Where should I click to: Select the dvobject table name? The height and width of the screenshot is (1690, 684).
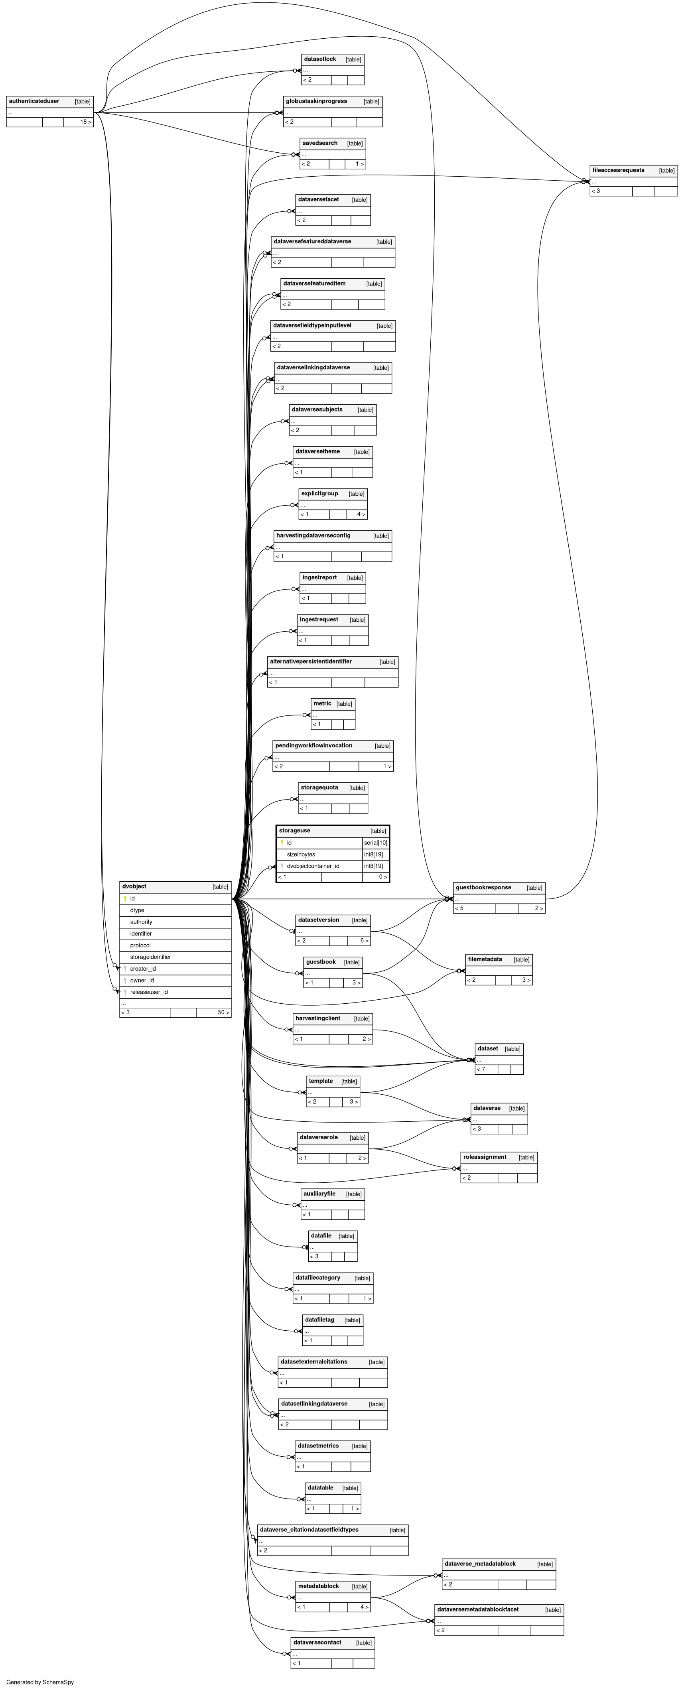point(134,886)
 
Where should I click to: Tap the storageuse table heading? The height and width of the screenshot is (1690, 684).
point(295,831)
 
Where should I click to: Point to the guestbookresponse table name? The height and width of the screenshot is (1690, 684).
point(483,888)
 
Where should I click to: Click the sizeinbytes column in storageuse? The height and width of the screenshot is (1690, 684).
point(301,854)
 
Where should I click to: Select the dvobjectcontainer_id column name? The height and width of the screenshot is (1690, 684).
point(313,866)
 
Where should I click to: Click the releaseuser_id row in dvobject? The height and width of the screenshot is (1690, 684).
point(148,992)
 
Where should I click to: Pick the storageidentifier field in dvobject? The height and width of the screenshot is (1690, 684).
point(150,957)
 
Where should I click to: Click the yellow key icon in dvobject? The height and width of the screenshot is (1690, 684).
point(125,899)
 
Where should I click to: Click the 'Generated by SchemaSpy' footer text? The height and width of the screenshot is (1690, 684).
point(40,1682)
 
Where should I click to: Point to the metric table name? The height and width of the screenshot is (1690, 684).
point(322,704)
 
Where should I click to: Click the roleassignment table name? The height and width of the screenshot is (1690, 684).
point(485,1157)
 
